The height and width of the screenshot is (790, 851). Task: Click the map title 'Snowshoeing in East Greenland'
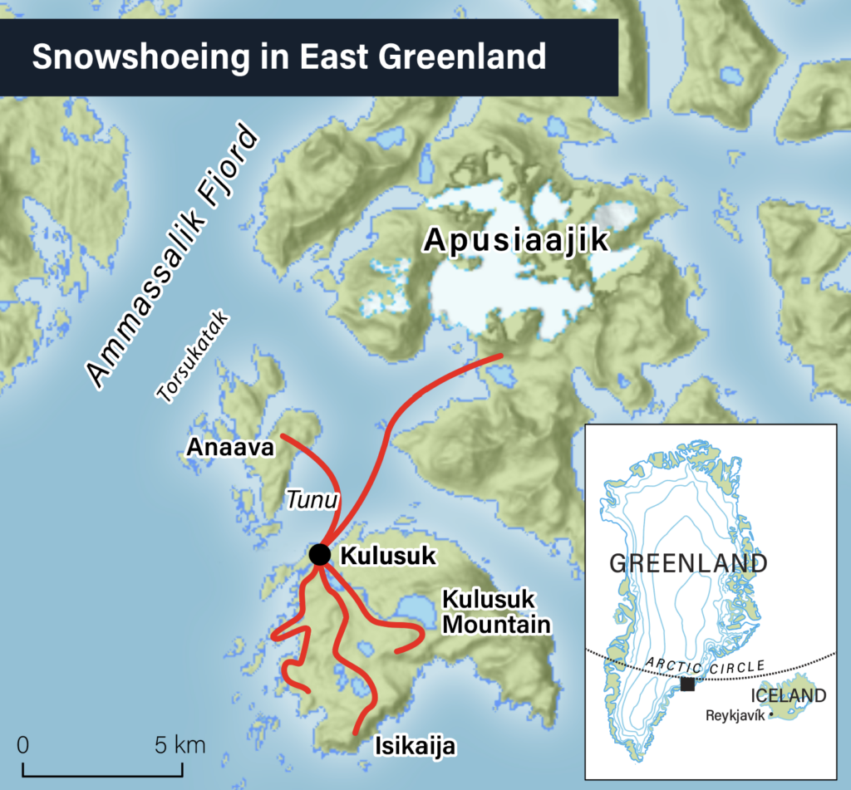pos(288,57)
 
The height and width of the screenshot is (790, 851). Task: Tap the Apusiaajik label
pos(516,241)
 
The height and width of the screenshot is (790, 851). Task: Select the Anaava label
pos(230,448)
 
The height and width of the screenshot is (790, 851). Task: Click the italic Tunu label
pos(312,500)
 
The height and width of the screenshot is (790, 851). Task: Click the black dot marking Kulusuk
pos(320,554)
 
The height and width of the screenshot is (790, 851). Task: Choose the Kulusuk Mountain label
pos(495,611)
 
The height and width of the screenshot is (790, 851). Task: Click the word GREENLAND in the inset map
pos(688,563)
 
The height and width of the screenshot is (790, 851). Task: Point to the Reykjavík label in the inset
pos(735,714)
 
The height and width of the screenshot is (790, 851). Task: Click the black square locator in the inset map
pos(687,684)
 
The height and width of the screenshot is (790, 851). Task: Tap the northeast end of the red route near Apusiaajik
pos(501,356)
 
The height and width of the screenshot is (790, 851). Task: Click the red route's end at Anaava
pos(283,434)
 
